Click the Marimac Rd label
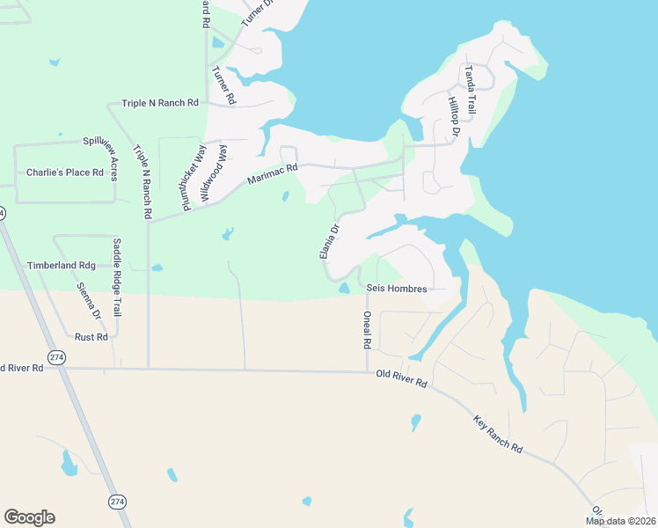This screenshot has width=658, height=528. (272, 174)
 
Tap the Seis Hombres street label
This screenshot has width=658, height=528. (397, 289)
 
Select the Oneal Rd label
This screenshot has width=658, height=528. (368, 328)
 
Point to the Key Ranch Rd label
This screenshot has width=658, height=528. (498, 434)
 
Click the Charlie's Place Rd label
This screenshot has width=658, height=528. (65, 172)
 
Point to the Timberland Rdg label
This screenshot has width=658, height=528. (61, 265)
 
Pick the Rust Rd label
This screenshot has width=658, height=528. (91, 337)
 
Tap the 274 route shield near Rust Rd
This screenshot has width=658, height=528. (57, 357)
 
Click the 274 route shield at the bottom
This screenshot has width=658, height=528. (117, 501)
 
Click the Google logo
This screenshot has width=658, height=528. (29, 517)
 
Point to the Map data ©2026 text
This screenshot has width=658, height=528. (619, 521)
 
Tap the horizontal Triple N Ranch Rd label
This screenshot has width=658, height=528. (160, 103)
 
